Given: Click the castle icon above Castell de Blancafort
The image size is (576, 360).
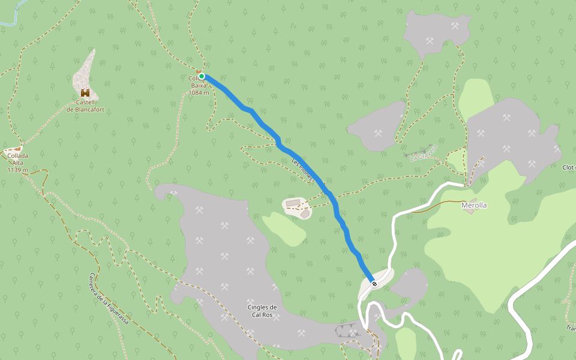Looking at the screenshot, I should [85, 93].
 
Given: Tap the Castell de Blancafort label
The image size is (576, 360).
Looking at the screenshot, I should [85, 106].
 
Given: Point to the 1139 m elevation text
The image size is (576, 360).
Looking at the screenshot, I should [18, 170].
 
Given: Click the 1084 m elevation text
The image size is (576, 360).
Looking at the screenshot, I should [199, 92].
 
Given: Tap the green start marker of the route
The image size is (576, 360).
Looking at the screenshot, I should [202, 76].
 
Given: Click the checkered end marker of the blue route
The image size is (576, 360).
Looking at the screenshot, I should [374, 283].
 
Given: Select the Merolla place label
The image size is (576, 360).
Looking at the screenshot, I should [474, 205].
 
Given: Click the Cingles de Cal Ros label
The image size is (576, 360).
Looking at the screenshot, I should [262, 311].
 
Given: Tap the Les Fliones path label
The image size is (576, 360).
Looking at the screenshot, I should [303, 169].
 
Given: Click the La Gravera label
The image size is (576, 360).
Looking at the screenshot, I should [424, 154].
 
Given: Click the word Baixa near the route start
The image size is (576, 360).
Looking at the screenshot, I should [199, 85].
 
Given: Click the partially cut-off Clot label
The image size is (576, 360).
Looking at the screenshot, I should [569, 167].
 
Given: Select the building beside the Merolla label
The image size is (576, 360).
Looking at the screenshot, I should [473, 200].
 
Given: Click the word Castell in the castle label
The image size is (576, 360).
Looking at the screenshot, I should [85, 103].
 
